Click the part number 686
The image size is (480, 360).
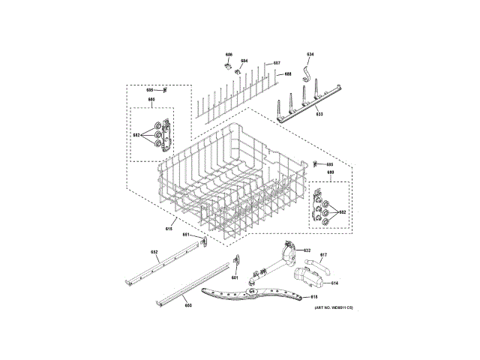coord(229,55)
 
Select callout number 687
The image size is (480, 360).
coord(277,62)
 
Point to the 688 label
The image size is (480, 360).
coord(287,74)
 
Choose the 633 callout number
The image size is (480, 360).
coord(319,114)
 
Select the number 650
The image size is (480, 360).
coord(188,306)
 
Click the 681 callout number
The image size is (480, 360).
coord(234,278)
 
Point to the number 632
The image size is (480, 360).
coord(307,250)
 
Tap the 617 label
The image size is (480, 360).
coord(324,256)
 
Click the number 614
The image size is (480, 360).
coord(334,283)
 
